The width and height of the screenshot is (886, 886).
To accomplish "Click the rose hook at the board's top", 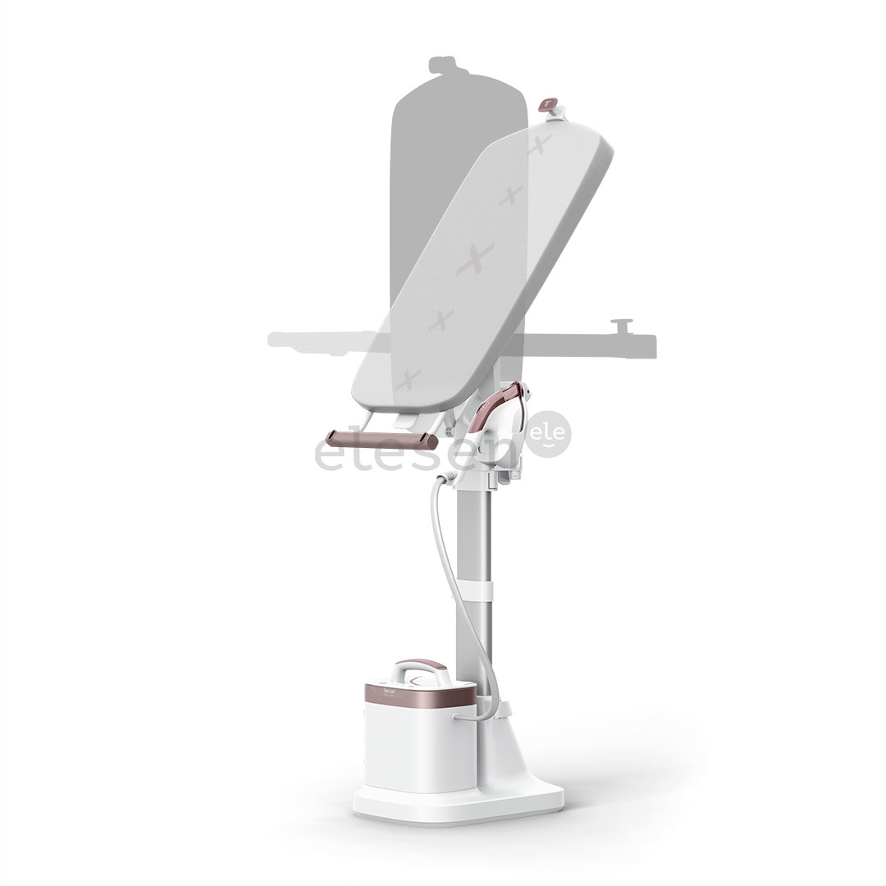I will click(x=547, y=104).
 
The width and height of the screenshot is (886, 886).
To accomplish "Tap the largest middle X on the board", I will click(x=476, y=259).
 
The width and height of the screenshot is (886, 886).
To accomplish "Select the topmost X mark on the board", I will click(x=539, y=145).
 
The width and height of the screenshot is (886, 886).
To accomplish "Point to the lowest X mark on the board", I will click(x=407, y=379).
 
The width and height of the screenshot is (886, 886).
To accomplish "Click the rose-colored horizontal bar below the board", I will click(x=381, y=440).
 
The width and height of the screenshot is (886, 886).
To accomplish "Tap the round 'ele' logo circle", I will click(x=548, y=434).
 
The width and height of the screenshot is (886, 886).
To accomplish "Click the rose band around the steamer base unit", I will click(x=419, y=696).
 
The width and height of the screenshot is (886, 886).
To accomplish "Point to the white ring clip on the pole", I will click(x=474, y=590).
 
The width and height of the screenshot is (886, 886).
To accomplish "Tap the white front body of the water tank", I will click(x=418, y=747).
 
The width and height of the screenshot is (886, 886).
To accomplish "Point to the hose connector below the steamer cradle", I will click(x=446, y=477).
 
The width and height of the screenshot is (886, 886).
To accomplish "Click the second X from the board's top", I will click(x=510, y=195).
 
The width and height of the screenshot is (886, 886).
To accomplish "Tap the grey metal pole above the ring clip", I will click(x=473, y=533).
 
